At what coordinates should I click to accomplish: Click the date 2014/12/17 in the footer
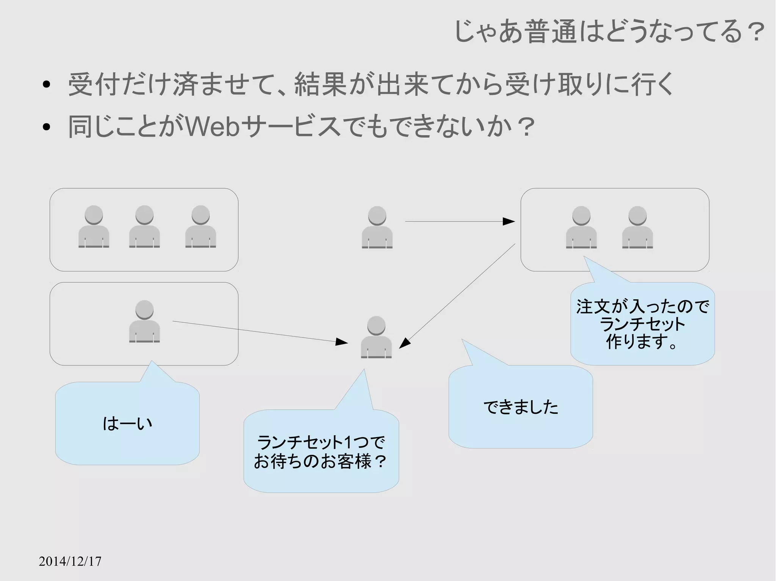[70, 561]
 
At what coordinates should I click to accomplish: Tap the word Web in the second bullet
[213, 126]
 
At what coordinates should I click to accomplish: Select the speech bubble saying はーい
[127, 423]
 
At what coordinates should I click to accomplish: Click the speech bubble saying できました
[521, 407]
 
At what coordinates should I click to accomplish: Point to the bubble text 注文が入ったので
[643, 307]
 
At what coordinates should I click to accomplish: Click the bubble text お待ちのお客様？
[321, 461]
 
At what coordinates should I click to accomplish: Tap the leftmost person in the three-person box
[94, 227]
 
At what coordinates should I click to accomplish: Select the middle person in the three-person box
[144, 227]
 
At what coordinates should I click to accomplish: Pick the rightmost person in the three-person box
[200, 227]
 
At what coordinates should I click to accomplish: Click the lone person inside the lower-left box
[144, 321]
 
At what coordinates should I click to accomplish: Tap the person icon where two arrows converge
[376, 337]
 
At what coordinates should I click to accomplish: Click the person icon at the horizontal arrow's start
[377, 227]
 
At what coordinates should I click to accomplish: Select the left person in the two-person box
[581, 227]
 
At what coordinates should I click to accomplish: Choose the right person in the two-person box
[637, 227]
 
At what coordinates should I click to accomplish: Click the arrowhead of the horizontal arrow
[509, 221]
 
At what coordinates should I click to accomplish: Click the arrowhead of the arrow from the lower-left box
[342, 342]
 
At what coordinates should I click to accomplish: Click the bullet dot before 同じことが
[47, 127]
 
